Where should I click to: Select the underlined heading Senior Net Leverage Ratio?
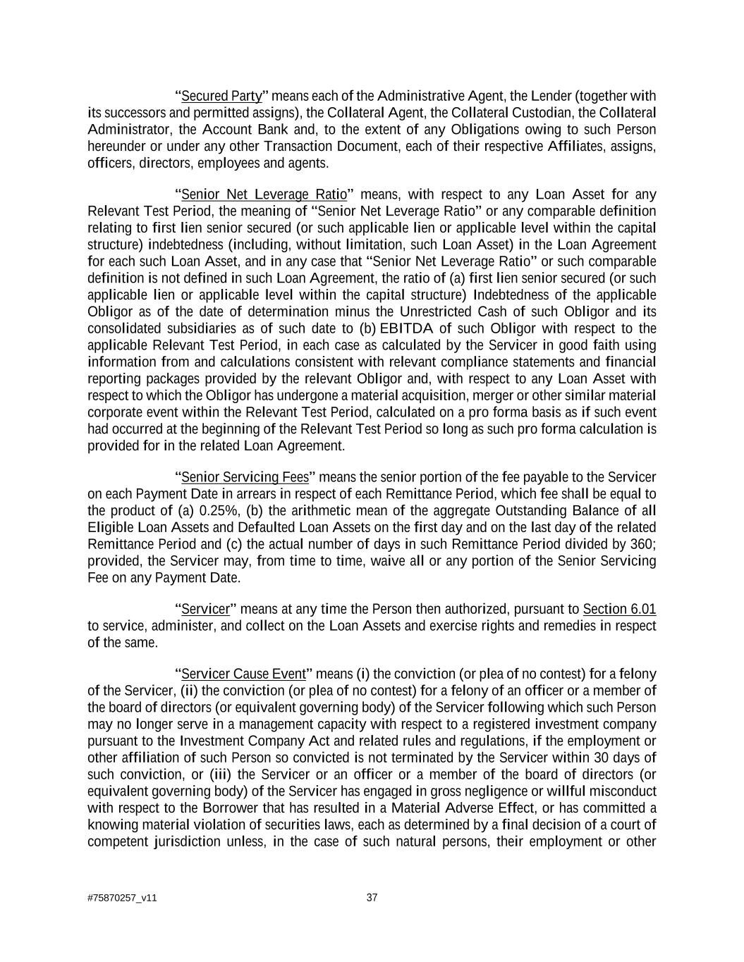tap(264, 195)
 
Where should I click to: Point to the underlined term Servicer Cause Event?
tap(243, 674)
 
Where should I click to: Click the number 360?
tap(645, 544)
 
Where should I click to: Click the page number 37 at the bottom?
tap(372, 897)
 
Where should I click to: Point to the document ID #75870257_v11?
tap(122, 898)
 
